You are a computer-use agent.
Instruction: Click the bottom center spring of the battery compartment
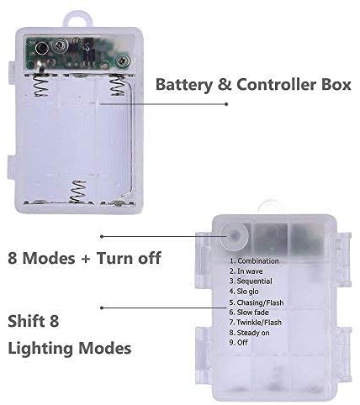click(77, 192)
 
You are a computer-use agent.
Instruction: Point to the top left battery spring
click(41, 84)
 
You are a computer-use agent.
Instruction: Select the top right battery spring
click(118, 84)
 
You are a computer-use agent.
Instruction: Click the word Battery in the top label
click(184, 84)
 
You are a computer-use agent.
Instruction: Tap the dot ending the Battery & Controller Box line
click(226, 104)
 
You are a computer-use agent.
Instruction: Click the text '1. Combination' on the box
click(254, 261)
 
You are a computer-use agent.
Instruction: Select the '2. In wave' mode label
click(246, 271)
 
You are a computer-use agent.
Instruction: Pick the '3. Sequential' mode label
click(251, 281)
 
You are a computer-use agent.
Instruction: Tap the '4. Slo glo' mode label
click(244, 292)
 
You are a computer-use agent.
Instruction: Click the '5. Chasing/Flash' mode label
click(257, 302)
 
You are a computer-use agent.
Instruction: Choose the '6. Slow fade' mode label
click(249, 313)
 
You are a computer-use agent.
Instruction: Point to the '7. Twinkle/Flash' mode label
click(256, 323)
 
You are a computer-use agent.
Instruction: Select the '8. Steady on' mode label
click(249, 333)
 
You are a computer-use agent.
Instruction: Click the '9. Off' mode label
click(239, 343)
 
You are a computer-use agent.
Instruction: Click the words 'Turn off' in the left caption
click(129, 258)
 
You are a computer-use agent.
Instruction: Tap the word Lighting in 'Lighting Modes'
click(40, 349)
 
